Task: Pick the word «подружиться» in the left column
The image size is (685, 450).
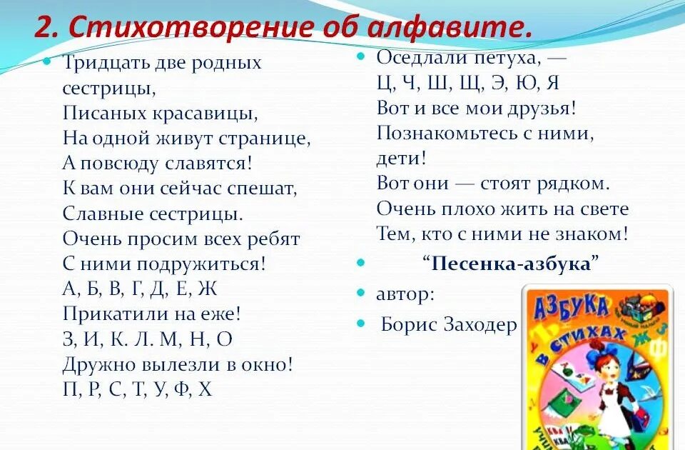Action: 194,264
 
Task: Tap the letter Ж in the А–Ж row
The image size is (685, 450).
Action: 208,289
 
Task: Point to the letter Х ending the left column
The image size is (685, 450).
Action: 205,389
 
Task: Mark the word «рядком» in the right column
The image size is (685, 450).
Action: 574,184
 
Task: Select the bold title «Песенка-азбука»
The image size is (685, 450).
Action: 511,264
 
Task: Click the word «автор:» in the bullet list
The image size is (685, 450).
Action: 404,294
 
